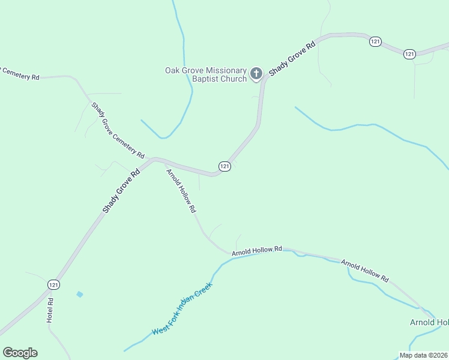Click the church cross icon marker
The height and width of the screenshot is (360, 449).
point(256,74)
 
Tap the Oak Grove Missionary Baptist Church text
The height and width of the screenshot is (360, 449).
point(206,74)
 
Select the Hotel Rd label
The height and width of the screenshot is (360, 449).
point(50,311)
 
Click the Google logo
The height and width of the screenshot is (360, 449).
point(20,353)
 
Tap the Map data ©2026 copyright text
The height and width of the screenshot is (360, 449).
point(423,355)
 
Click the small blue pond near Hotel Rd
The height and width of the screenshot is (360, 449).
point(79,294)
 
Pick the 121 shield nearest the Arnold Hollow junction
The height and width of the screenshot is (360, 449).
point(224,166)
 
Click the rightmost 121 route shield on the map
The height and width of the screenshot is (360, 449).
point(409,54)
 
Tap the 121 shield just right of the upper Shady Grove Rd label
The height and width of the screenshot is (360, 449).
point(375,41)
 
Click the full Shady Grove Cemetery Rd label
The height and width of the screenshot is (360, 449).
point(118,130)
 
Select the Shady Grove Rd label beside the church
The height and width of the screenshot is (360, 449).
point(292,58)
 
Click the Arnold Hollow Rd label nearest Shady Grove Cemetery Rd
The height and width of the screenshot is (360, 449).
point(181,191)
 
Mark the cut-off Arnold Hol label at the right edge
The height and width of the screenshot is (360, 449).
point(429,322)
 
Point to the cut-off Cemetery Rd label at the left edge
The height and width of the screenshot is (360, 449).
point(19,74)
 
